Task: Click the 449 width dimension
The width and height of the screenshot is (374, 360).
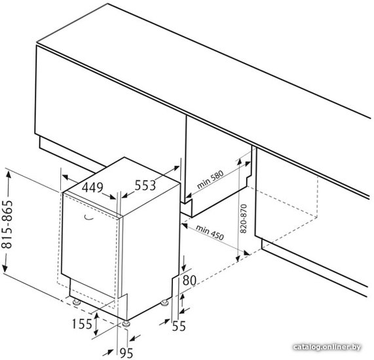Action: [x=92, y=187]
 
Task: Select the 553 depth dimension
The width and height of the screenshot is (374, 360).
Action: [x=145, y=185]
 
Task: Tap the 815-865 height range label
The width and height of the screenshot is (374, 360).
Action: [x=7, y=225]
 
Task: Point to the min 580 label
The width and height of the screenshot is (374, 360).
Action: [x=210, y=179]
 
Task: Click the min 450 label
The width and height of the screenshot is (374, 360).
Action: [x=210, y=232]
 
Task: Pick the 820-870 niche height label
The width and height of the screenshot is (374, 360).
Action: [x=243, y=219]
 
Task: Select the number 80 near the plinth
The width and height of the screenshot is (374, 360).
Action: [x=189, y=280]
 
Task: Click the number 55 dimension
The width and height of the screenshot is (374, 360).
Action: [x=179, y=326]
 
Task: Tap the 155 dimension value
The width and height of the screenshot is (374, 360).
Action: [x=82, y=324]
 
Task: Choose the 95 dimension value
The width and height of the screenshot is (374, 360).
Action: [x=126, y=353]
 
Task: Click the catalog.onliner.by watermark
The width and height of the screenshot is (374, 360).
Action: [x=327, y=347]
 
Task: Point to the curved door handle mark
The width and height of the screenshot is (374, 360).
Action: [x=90, y=218]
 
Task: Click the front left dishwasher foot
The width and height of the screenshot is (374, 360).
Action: [x=77, y=302]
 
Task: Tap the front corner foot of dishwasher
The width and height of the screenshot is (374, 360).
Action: [x=126, y=324]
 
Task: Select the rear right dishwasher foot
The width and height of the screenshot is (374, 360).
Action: [x=164, y=303]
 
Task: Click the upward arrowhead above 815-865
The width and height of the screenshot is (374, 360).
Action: [x=9, y=174]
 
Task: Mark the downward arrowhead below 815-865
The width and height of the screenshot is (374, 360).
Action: [x=5, y=268]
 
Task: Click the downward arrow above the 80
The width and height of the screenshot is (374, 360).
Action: [x=183, y=263]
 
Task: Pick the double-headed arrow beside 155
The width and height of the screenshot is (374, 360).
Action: [x=96, y=324]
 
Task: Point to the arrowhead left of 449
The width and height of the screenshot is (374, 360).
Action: [x=65, y=177]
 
